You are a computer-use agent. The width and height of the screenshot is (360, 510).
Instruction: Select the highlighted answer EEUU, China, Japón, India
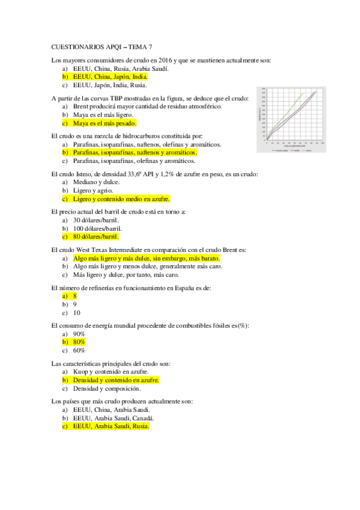[x=110, y=77]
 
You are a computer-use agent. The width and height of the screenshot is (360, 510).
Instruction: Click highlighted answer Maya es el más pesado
[x=105, y=123]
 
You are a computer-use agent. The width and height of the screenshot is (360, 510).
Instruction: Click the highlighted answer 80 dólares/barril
[x=96, y=236]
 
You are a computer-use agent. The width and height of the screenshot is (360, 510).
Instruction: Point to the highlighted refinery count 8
[x=75, y=296]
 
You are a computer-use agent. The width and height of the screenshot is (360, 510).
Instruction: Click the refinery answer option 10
[x=76, y=313]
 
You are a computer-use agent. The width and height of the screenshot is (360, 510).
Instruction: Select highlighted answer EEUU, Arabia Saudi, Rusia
[x=111, y=426]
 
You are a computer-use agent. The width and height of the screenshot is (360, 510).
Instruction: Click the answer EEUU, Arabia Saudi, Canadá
[x=114, y=417]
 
